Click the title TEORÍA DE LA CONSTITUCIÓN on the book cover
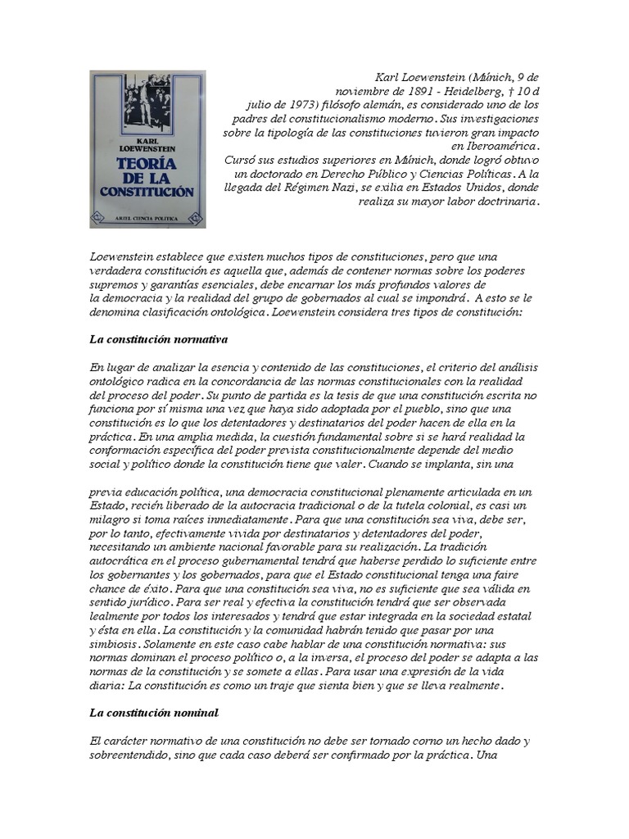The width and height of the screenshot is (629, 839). click(147, 175)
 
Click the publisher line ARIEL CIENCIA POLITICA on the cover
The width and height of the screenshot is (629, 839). click(148, 218)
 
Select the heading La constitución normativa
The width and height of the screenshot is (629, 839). click(158, 338)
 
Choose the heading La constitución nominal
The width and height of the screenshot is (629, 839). click(154, 713)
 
